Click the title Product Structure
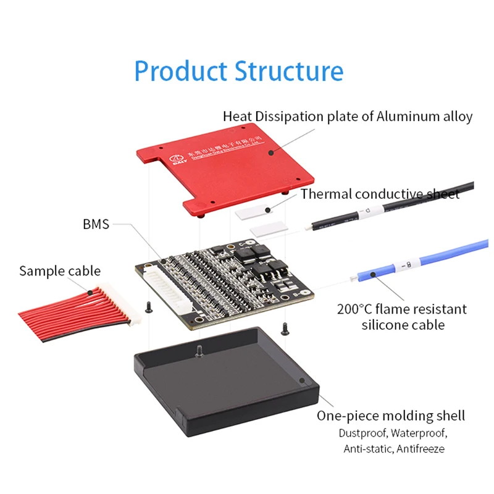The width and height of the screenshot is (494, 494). (238, 71)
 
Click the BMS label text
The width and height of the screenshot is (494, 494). (96, 224)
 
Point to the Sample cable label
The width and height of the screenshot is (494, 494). (59, 270)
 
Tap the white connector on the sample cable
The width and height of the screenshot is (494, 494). (117, 303)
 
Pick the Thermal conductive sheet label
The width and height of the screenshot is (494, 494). (380, 194)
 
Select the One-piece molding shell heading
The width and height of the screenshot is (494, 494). (391, 416)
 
